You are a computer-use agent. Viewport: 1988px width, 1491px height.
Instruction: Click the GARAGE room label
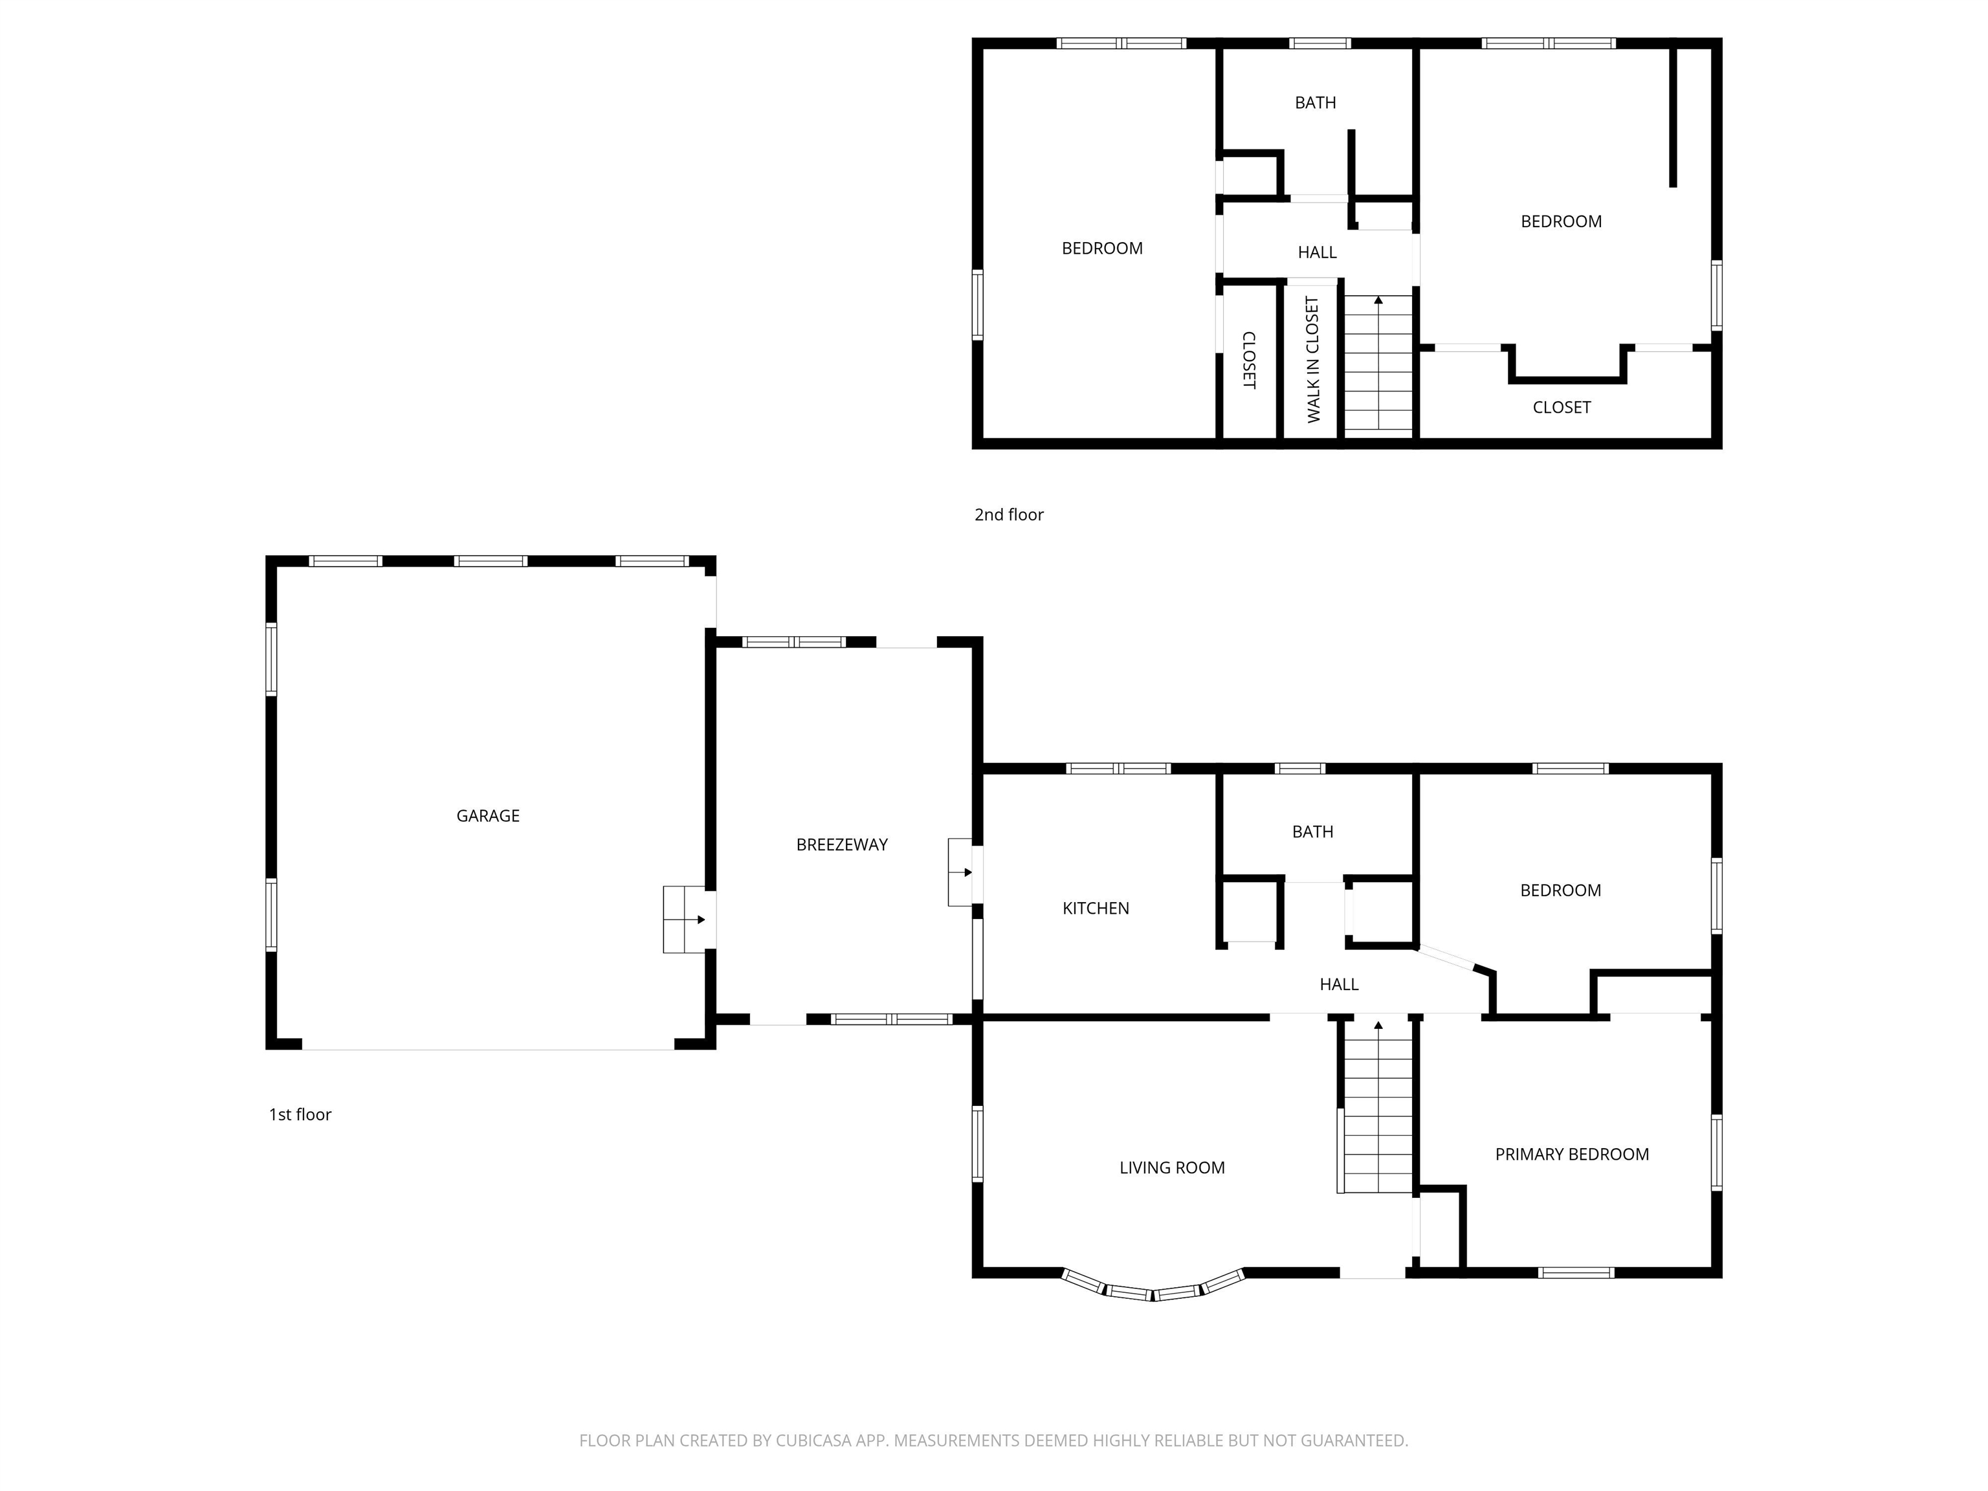pos(487,816)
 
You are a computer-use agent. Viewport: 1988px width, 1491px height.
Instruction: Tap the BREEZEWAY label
pos(841,845)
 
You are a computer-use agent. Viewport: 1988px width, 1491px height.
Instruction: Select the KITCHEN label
pos(1096,909)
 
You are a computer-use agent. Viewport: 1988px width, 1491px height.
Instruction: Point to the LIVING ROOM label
pos(1171,1168)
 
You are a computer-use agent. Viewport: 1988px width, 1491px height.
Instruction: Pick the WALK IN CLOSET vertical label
pos(1313,360)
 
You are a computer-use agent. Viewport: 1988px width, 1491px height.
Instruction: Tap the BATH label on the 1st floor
pos(1312,832)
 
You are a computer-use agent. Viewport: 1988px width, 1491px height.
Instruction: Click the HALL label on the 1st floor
pos(1338,985)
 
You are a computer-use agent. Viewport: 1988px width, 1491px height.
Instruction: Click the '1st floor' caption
pos(300,1115)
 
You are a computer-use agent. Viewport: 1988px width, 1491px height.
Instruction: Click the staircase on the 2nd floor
pos(1378,368)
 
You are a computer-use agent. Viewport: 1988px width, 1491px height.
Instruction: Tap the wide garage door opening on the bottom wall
pos(487,1048)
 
